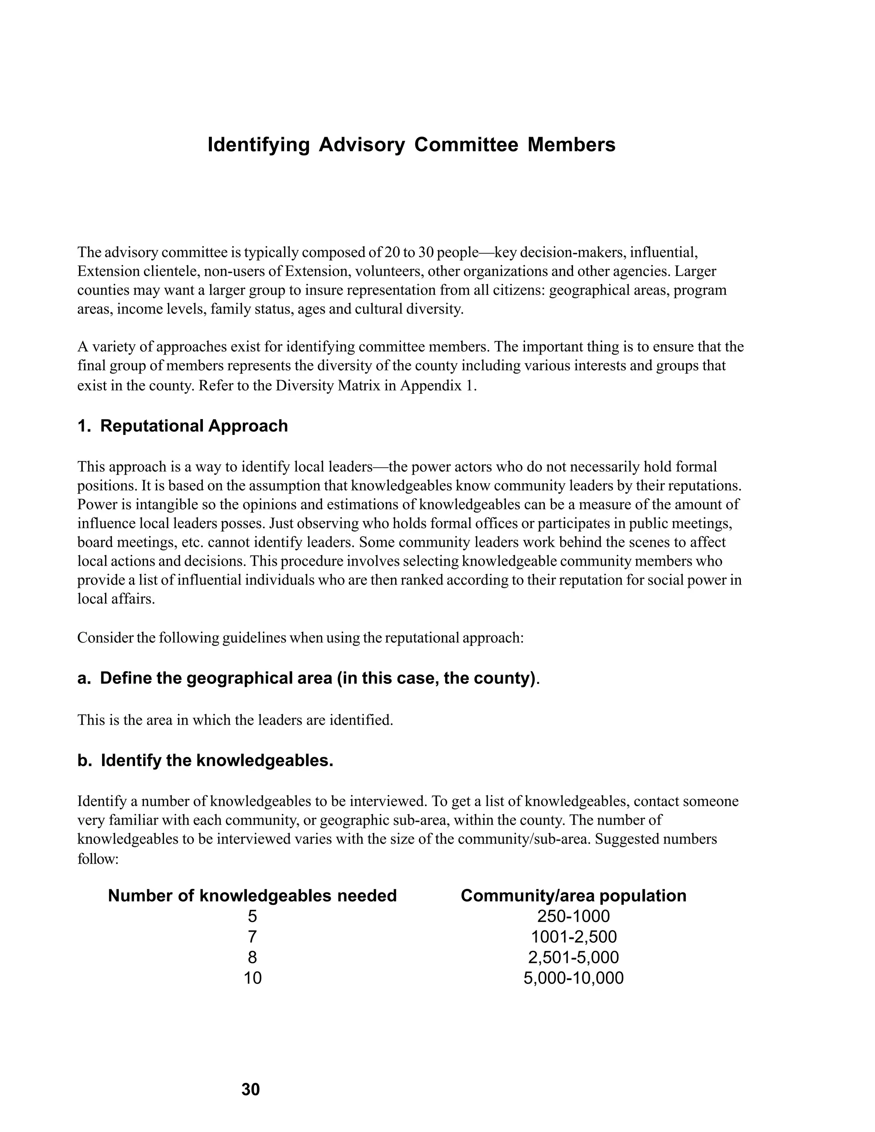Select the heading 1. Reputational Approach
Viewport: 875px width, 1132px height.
[x=182, y=425]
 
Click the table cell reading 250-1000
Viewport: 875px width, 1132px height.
[x=573, y=916]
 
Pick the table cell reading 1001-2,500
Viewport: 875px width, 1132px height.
[x=573, y=937]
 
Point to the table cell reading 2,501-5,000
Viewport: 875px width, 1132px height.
[x=573, y=957]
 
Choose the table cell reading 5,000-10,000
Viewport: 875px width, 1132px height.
[x=573, y=978]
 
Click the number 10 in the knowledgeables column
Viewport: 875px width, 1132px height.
[x=253, y=978]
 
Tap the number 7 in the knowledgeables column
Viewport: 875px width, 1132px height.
[x=253, y=937]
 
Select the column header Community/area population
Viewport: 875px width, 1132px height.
[x=573, y=896]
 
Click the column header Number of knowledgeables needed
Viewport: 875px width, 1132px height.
[x=252, y=896]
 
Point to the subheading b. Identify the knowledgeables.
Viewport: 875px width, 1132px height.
[x=205, y=760]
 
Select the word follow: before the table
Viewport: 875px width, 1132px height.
[x=98, y=859]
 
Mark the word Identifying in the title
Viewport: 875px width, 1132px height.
[x=258, y=145]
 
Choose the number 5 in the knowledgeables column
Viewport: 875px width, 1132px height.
[x=253, y=916]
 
